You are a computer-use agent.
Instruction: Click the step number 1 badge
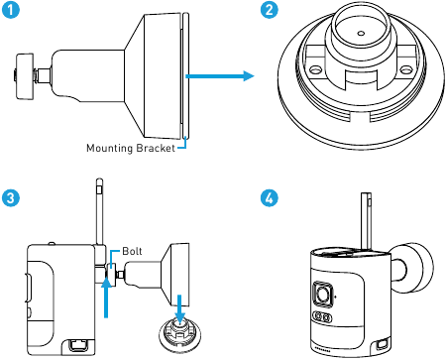coord(10,10)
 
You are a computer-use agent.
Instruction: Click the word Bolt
coord(134,252)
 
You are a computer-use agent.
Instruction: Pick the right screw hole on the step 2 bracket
coord(407,72)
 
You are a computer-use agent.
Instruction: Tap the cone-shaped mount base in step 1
coord(149,73)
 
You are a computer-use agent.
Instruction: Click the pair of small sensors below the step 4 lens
coord(323,318)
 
